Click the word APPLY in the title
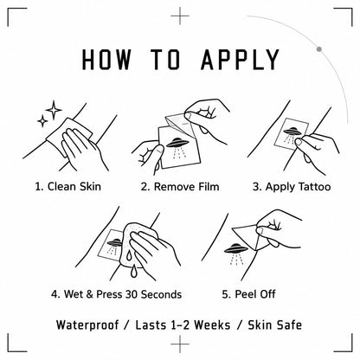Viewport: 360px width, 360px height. (x=240, y=60)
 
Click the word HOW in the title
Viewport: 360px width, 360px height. (x=106, y=60)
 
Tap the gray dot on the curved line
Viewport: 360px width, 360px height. (x=319, y=49)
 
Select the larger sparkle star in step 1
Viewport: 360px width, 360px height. (x=54, y=110)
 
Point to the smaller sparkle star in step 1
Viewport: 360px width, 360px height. (x=42, y=120)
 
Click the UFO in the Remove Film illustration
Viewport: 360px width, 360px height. (x=177, y=142)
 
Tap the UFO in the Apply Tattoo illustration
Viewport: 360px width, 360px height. (x=292, y=131)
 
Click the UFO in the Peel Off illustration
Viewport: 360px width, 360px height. (x=236, y=247)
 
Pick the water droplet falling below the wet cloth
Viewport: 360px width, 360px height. (x=133, y=272)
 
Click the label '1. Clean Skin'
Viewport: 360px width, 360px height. (x=68, y=186)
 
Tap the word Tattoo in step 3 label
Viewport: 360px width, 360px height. (x=314, y=187)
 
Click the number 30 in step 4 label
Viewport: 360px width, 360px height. (x=132, y=294)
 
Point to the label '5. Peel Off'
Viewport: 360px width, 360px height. (x=248, y=294)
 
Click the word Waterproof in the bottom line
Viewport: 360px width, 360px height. (x=87, y=325)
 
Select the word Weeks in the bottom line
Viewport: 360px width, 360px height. (x=212, y=325)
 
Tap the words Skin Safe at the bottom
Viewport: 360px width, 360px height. (x=275, y=325)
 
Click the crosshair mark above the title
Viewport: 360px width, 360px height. (x=180, y=16)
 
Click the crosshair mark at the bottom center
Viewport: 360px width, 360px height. (x=180, y=344)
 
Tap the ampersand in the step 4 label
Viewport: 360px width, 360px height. (x=90, y=294)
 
